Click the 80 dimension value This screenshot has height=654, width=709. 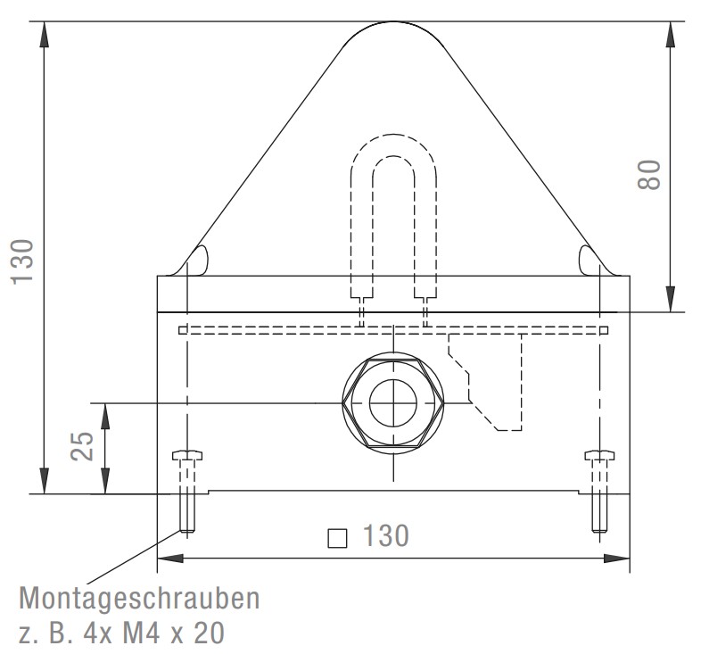649,175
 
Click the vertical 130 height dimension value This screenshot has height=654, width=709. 22,262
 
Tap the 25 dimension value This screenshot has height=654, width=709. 82,446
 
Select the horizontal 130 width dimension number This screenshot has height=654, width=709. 386,535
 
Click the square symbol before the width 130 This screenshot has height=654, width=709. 337,538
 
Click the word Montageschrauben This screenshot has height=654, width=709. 139,598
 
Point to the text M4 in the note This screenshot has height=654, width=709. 141,633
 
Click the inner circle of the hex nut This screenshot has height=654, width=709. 393,402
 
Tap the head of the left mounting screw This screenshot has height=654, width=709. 187,455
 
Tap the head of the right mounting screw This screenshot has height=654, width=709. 599,455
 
